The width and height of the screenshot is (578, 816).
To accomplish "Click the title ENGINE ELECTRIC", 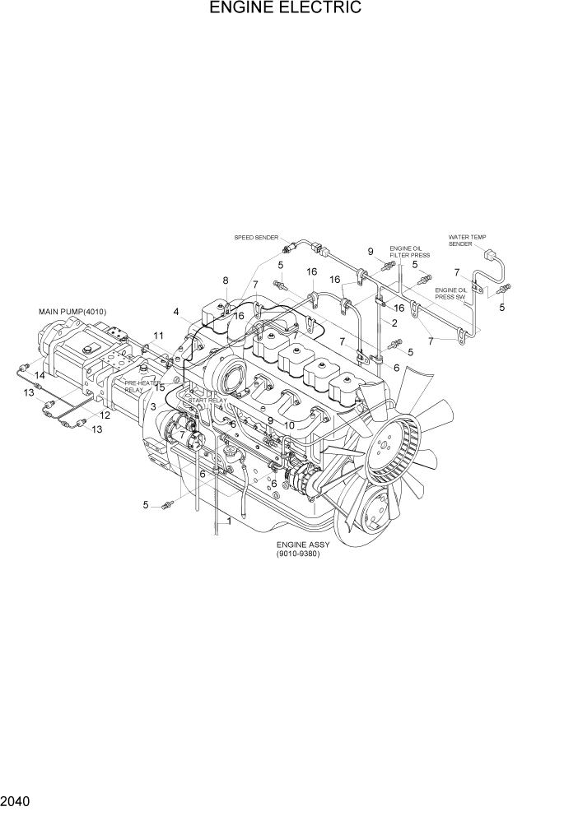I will pyautogui.click(x=285, y=9).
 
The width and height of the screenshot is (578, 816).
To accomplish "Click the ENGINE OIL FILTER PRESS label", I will pyautogui.click(x=409, y=252).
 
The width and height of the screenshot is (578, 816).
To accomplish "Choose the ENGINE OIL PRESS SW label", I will pyautogui.click(x=451, y=293).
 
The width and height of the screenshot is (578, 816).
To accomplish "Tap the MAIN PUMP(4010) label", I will pyautogui.click(x=72, y=312).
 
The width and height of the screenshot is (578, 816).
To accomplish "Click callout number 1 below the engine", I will pyautogui.click(x=228, y=522).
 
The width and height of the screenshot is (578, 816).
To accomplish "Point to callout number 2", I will pyautogui.click(x=395, y=322).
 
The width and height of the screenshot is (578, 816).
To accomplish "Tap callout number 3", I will pyautogui.click(x=153, y=407).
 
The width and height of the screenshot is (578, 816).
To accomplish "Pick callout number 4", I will pyautogui.click(x=176, y=312).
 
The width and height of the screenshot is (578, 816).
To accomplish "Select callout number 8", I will pyautogui.click(x=225, y=281).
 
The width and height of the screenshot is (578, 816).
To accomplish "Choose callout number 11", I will pyautogui.click(x=158, y=336).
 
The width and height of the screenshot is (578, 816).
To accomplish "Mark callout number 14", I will pyautogui.click(x=39, y=375).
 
